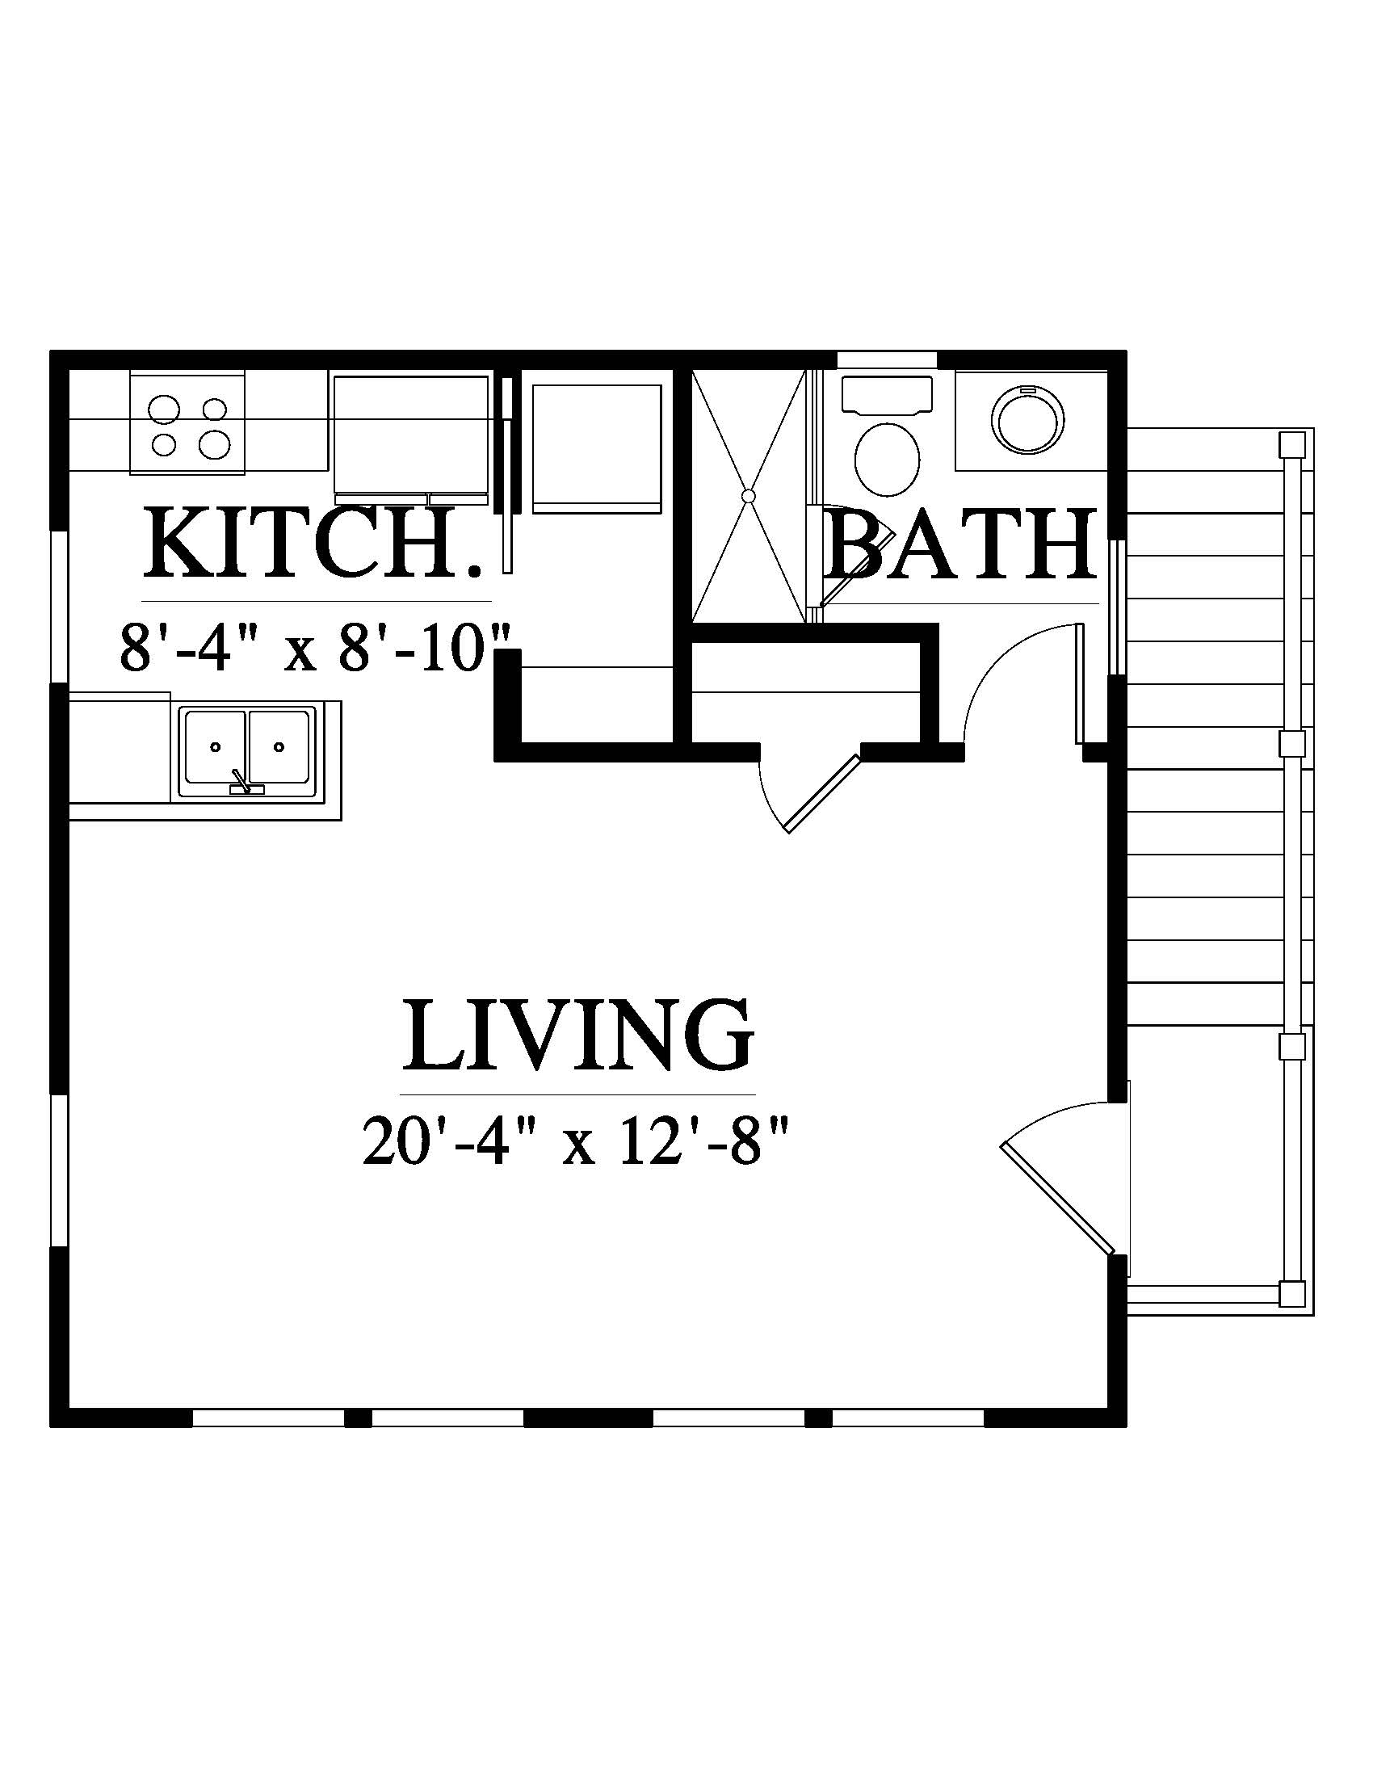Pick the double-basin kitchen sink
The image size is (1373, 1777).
tap(248, 753)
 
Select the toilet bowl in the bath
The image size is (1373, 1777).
tap(888, 459)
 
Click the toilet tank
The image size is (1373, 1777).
tap(887, 395)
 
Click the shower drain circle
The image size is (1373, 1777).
tap(749, 494)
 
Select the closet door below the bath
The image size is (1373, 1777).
tap(821, 793)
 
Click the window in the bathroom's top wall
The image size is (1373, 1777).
tap(887, 359)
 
